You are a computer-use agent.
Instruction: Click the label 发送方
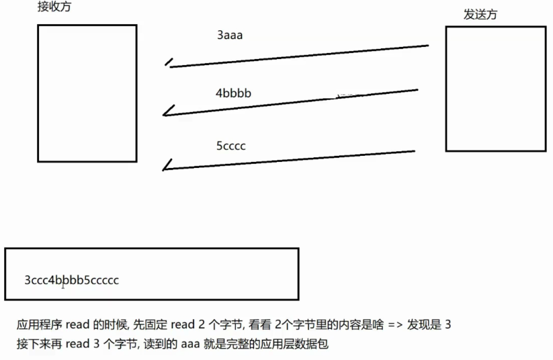coord(480,15)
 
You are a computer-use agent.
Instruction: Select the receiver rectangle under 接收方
coord(87,93)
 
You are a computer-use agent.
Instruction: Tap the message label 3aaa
coord(229,36)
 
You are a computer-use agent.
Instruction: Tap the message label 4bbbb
coord(233,93)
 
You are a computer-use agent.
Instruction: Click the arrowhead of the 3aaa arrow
coord(169,64)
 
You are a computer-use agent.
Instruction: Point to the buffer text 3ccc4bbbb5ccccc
coord(71,280)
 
